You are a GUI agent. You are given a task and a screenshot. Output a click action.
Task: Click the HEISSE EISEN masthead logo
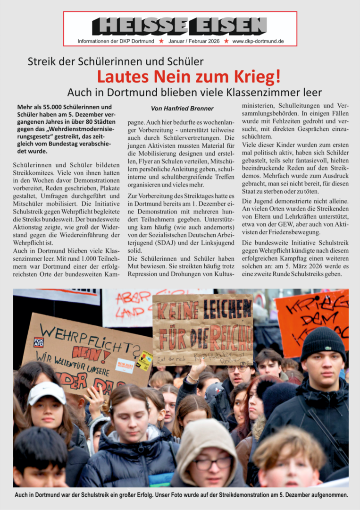point(180,26)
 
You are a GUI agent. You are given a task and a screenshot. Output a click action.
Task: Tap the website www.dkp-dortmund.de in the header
point(258,41)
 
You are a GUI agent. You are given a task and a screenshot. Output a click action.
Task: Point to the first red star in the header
point(161,41)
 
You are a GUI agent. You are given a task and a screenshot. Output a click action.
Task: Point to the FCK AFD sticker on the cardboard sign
point(39,342)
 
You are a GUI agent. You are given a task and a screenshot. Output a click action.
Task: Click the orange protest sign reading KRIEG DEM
point(312,316)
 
